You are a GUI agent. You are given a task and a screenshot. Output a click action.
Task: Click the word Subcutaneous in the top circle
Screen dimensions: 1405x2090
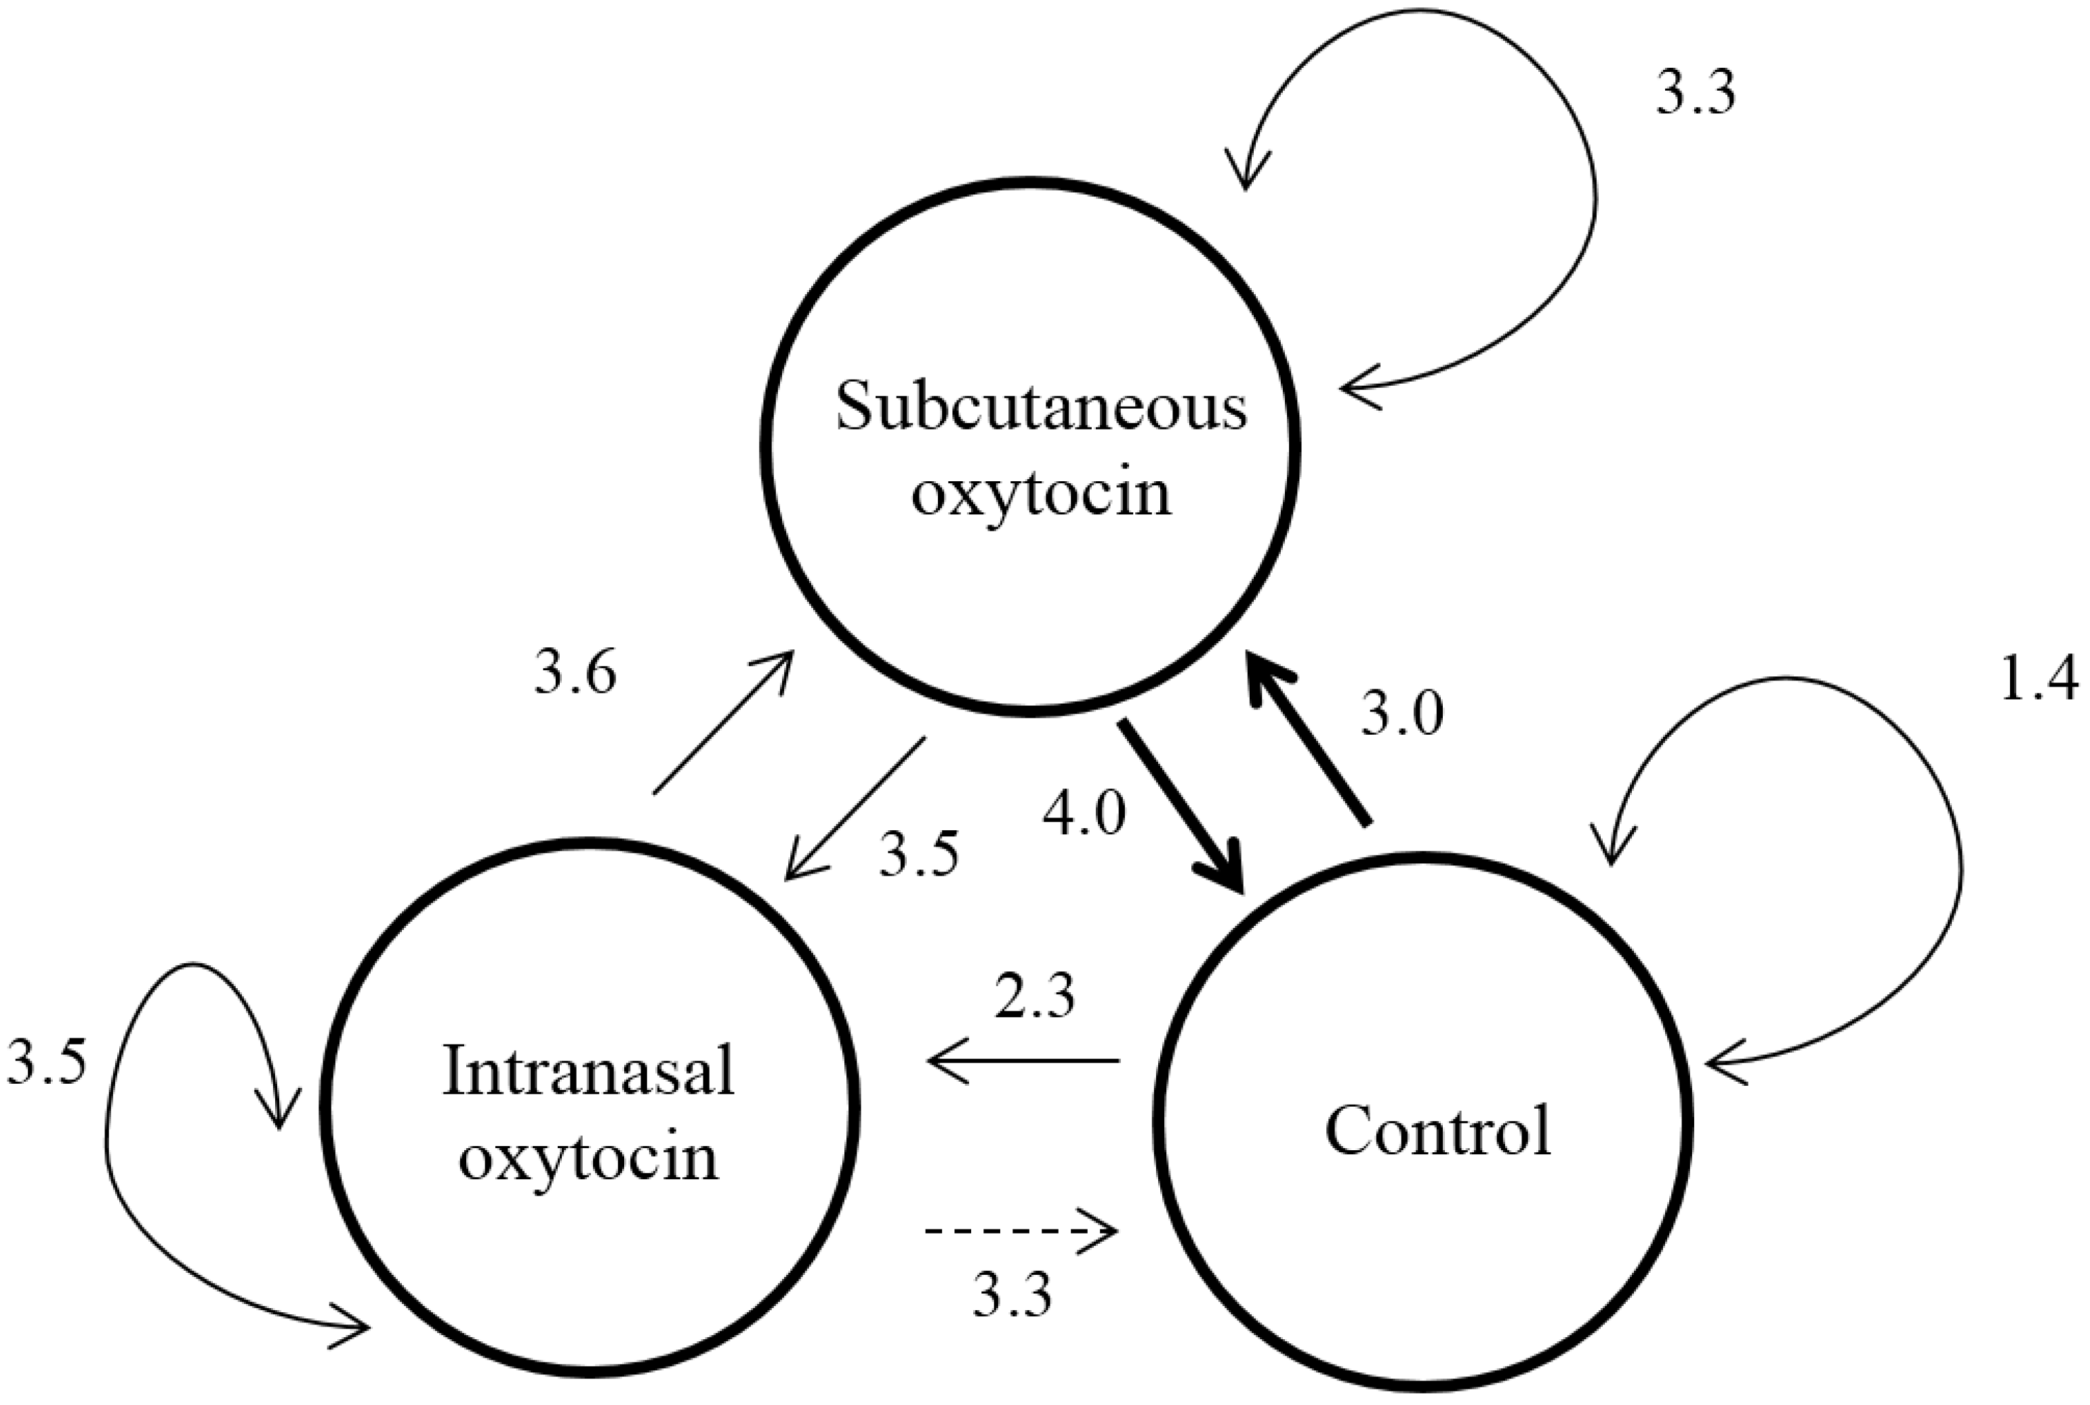(x=1041, y=408)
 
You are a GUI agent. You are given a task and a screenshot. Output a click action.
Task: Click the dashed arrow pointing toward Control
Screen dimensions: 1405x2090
(x=1021, y=1231)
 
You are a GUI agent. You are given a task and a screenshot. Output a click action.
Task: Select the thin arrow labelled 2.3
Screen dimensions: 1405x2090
(x=1023, y=1061)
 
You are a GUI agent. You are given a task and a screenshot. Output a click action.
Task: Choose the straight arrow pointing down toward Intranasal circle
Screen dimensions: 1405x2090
(x=854, y=809)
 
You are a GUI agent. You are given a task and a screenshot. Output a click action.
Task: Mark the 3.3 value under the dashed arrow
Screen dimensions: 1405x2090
(x=1012, y=1293)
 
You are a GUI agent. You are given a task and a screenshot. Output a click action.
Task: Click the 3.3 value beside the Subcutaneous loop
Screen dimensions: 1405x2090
(x=1695, y=94)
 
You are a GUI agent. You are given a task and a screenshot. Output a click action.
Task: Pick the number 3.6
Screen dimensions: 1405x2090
(x=575, y=674)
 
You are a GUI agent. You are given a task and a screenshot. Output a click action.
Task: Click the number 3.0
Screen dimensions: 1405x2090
(x=1402, y=715)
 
